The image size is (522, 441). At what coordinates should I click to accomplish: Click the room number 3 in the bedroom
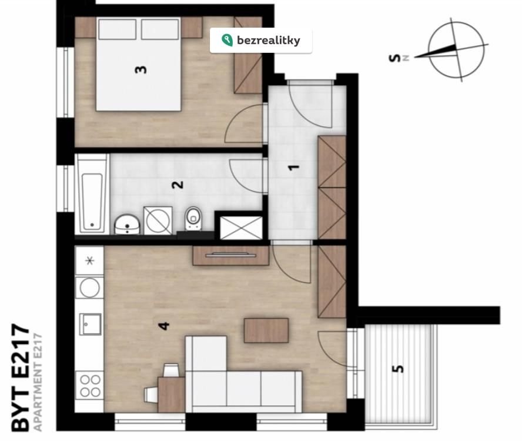click(141, 70)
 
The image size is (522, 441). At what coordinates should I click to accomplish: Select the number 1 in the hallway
click(294, 168)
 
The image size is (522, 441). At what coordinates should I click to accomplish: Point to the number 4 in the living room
click(164, 326)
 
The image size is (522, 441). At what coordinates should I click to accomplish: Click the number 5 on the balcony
click(398, 369)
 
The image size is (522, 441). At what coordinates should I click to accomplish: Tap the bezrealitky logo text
click(268, 41)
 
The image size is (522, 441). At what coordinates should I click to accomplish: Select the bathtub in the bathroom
click(92, 194)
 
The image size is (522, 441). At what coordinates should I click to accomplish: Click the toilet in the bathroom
click(193, 219)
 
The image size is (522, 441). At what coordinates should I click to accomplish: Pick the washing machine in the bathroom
click(158, 220)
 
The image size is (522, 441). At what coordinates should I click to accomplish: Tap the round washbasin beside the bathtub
click(127, 224)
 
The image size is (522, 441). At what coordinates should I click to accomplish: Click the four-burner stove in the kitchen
click(90, 385)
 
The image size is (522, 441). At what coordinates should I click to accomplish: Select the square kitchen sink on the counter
click(90, 324)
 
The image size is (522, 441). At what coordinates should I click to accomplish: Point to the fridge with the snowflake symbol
click(89, 260)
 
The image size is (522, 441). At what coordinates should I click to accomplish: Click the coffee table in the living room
click(266, 330)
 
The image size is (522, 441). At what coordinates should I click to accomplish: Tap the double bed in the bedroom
click(139, 64)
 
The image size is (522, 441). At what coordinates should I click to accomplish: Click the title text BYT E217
click(21, 377)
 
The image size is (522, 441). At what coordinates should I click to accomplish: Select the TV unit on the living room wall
click(231, 255)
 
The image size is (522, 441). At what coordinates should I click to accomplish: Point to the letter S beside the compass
click(394, 58)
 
